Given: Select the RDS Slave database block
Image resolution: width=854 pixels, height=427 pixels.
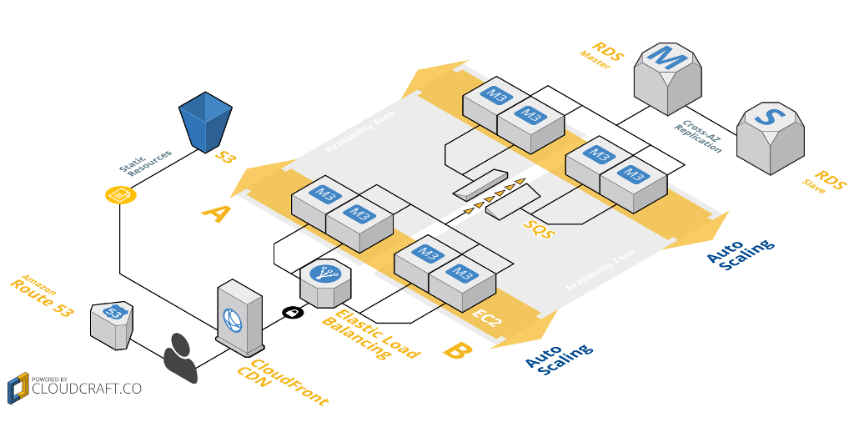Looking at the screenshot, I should (770, 137).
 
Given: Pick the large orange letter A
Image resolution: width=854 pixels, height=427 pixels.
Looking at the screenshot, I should (216, 213).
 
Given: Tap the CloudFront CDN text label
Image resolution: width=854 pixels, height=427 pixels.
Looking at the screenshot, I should (278, 379).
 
